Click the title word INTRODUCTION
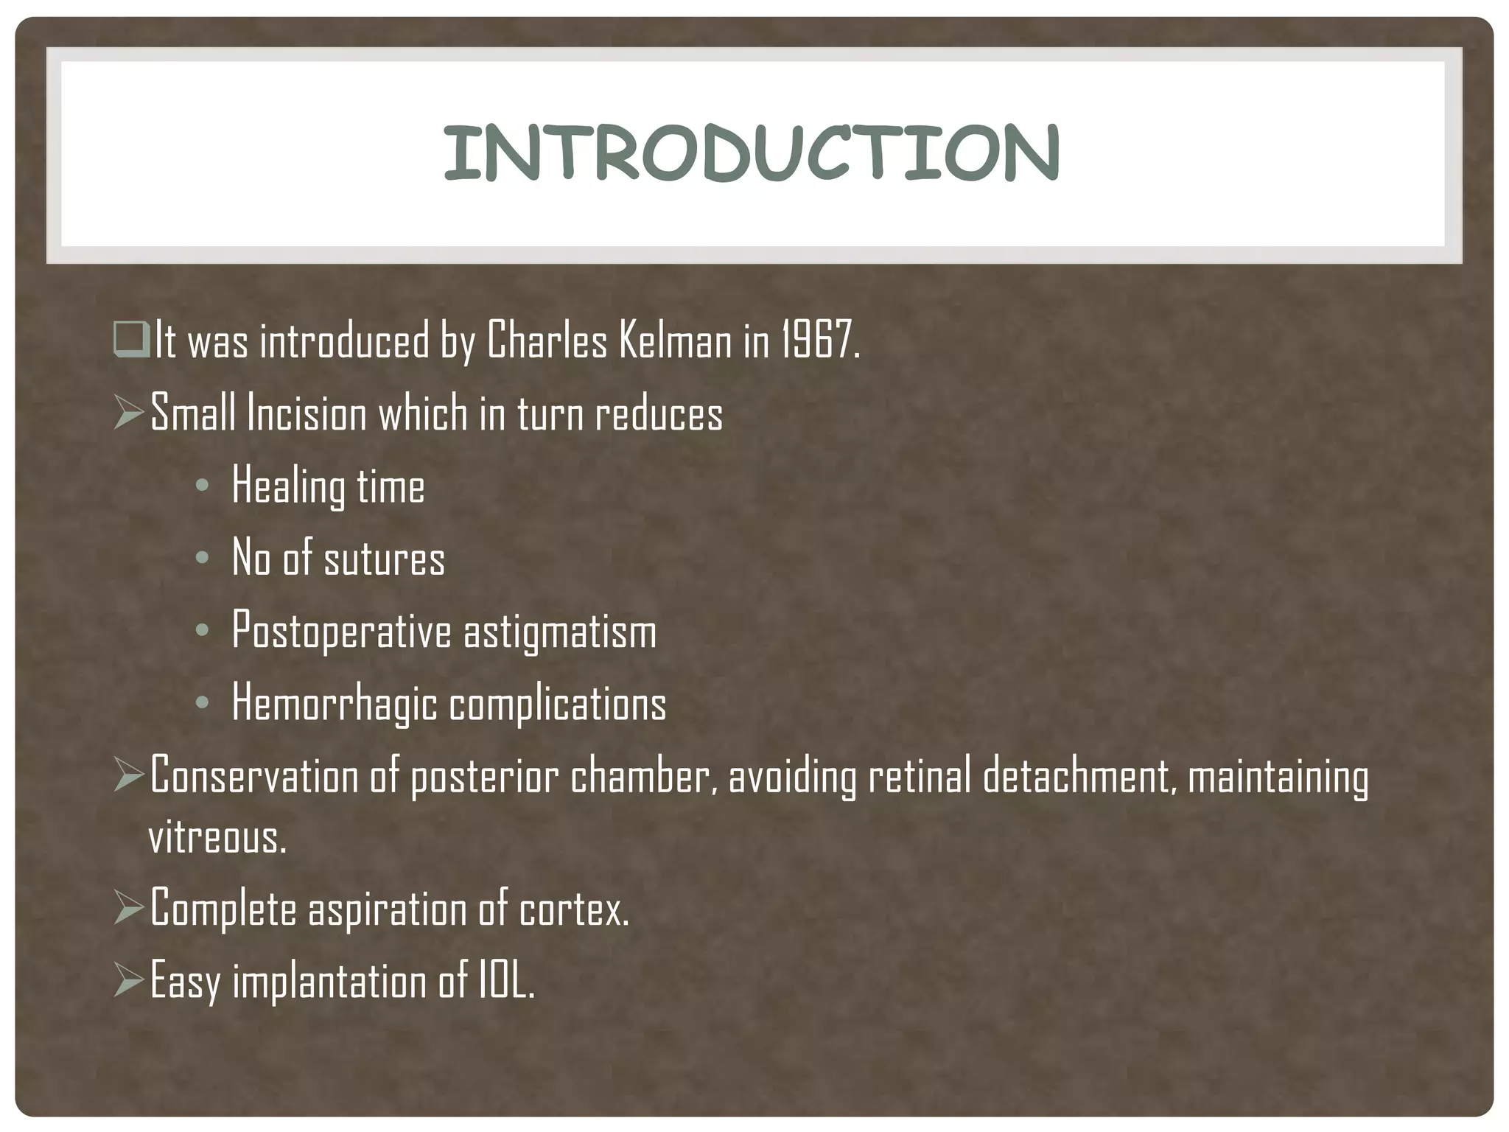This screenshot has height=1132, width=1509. point(752,153)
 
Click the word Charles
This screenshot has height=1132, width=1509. point(547,341)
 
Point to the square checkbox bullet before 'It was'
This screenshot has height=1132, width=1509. point(131,340)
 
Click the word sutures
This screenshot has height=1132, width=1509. point(385,559)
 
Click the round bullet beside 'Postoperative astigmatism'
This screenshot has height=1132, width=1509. point(203,631)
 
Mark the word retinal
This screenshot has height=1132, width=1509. point(920,776)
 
